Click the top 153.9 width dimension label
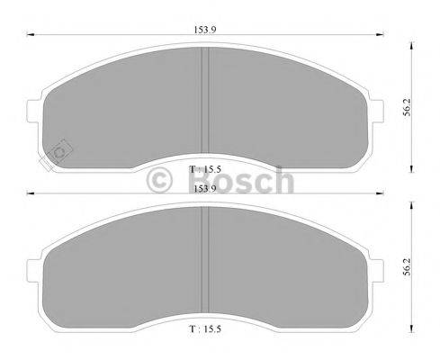click(x=205, y=29)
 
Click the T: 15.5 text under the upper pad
click(x=205, y=167)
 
